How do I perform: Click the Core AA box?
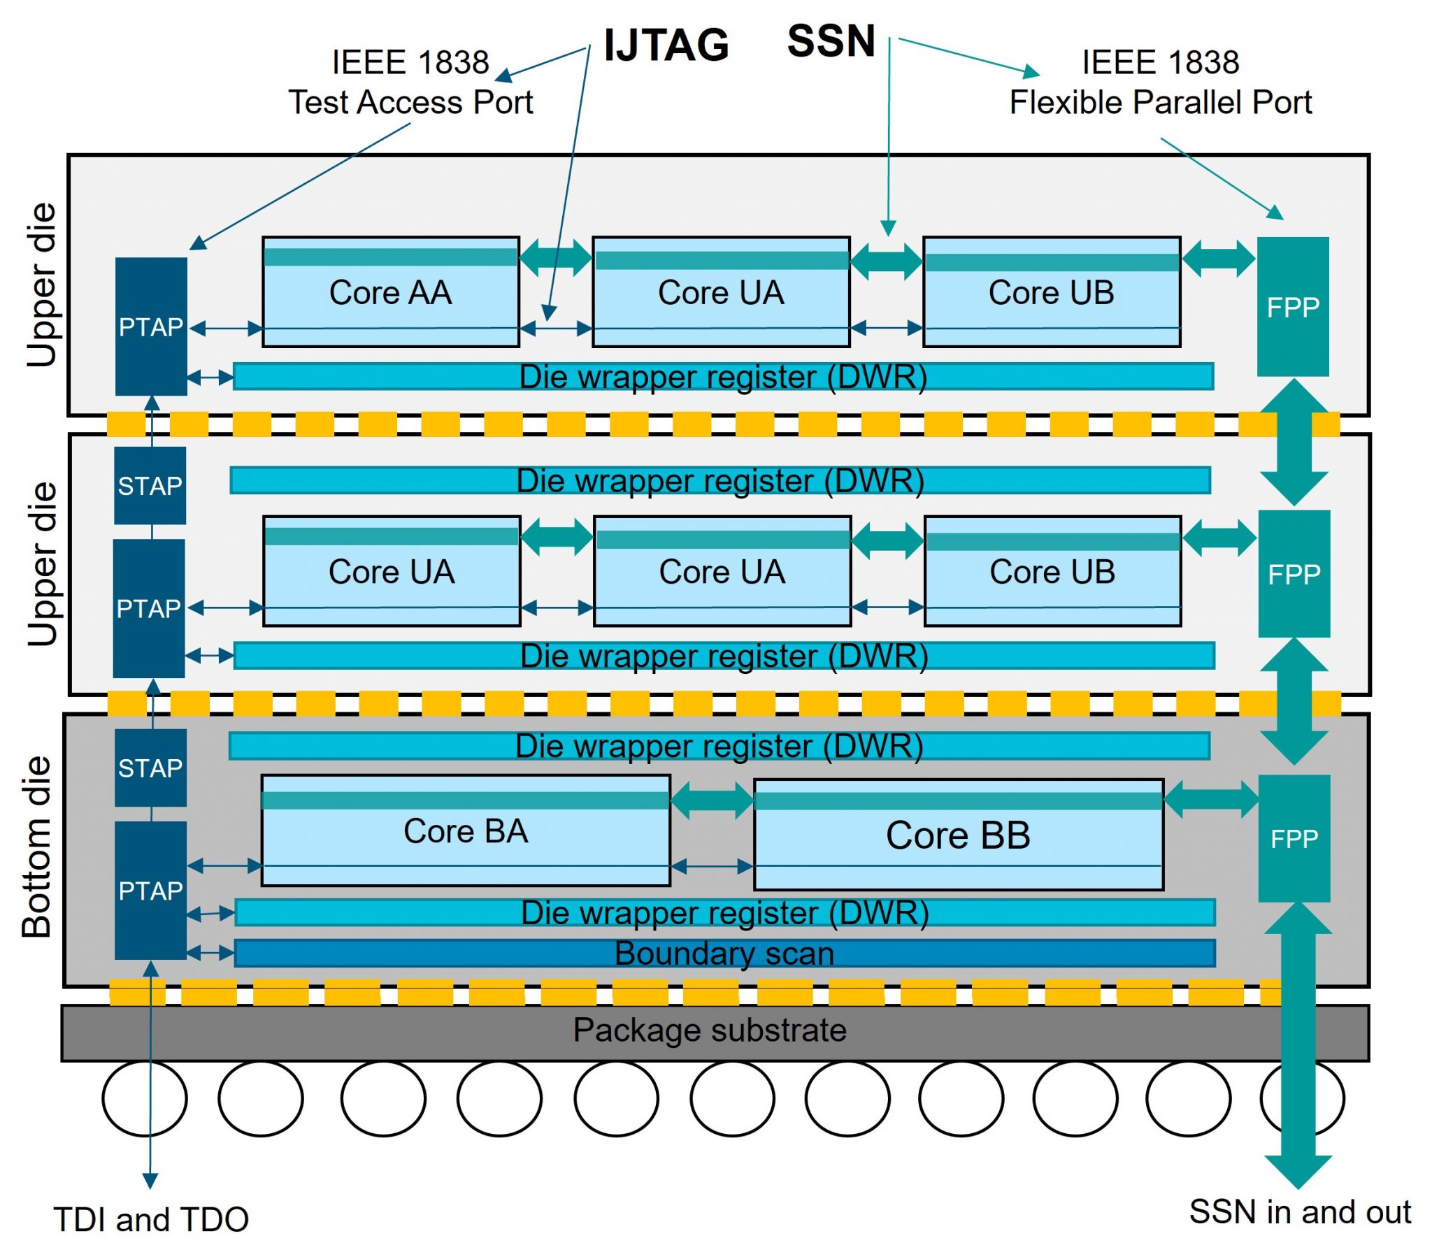click(x=390, y=292)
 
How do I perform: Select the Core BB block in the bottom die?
click(x=958, y=835)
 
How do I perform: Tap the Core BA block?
click(x=465, y=831)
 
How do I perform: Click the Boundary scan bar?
click(x=724, y=954)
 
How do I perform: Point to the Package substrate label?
click(x=709, y=1030)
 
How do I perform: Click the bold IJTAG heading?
click(x=666, y=45)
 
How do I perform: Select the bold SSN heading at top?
click(x=831, y=41)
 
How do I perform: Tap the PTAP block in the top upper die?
click(x=150, y=326)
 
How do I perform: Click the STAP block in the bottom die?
click(x=150, y=768)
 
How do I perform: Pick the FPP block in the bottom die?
click(x=1294, y=839)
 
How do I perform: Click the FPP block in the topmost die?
click(x=1293, y=307)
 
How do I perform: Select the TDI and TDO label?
click(x=151, y=1220)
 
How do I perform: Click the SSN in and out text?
click(x=1300, y=1213)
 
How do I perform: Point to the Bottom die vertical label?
click(x=36, y=847)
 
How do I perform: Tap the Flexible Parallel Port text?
click(x=1160, y=102)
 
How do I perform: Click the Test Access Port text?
click(x=410, y=102)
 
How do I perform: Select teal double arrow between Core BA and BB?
click(x=712, y=800)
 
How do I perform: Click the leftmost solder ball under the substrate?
click(x=144, y=1098)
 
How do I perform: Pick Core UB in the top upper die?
click(x=1051, y=292)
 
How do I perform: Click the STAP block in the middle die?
click(x=150, y=486)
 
